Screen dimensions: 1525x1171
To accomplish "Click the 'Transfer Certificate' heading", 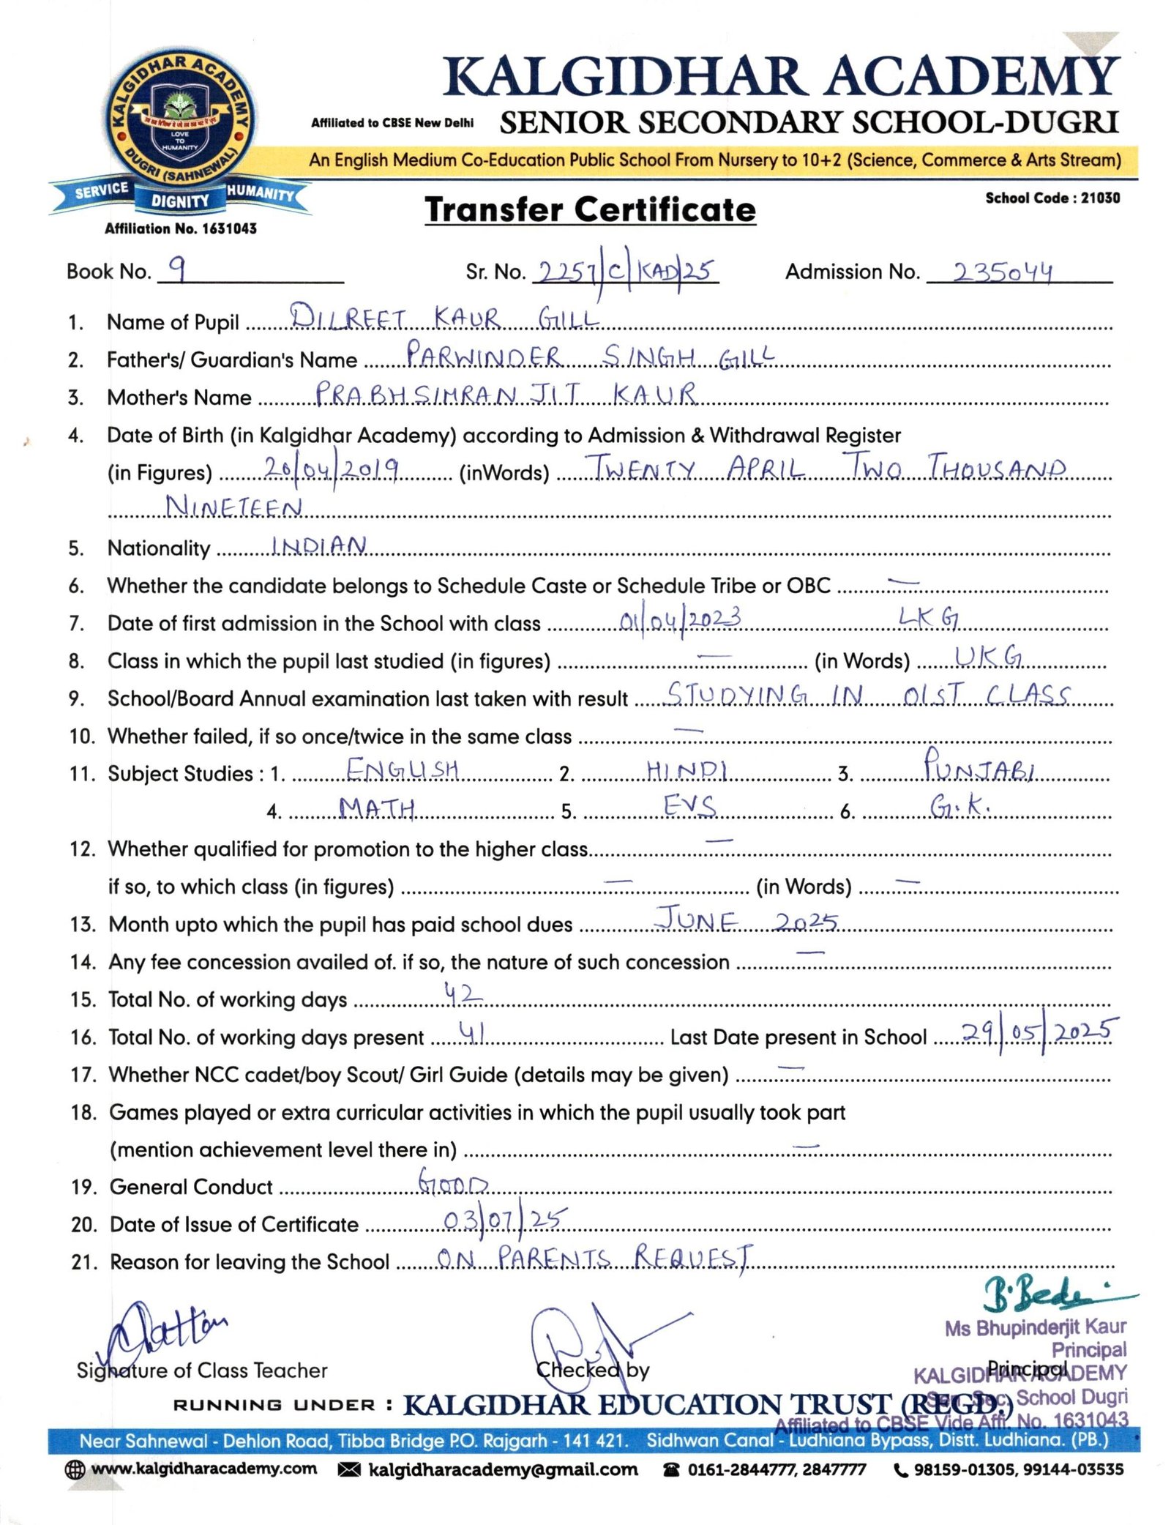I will (x=590, y=210).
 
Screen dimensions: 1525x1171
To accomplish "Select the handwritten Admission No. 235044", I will (x=1002, y=272).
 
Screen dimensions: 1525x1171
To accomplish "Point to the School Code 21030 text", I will (x=1052, y=198).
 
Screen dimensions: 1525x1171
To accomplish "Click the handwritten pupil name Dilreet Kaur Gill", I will (x=444, y=318).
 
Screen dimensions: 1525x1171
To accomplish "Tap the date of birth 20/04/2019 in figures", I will (x=331, y=469).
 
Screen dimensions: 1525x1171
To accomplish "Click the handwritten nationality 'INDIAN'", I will (x=319, y=545).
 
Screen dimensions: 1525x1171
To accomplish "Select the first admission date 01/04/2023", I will (x=680, y=621).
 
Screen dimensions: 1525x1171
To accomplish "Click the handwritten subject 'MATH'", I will (x=377, y=808).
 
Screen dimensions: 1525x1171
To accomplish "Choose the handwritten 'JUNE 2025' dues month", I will (x=746, y=920).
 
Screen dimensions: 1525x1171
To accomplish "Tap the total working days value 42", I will (x=463, y=994).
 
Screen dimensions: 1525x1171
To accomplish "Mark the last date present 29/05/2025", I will (x=1039, y=1032).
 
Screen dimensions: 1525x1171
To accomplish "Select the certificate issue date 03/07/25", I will (x=504, y=1220).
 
